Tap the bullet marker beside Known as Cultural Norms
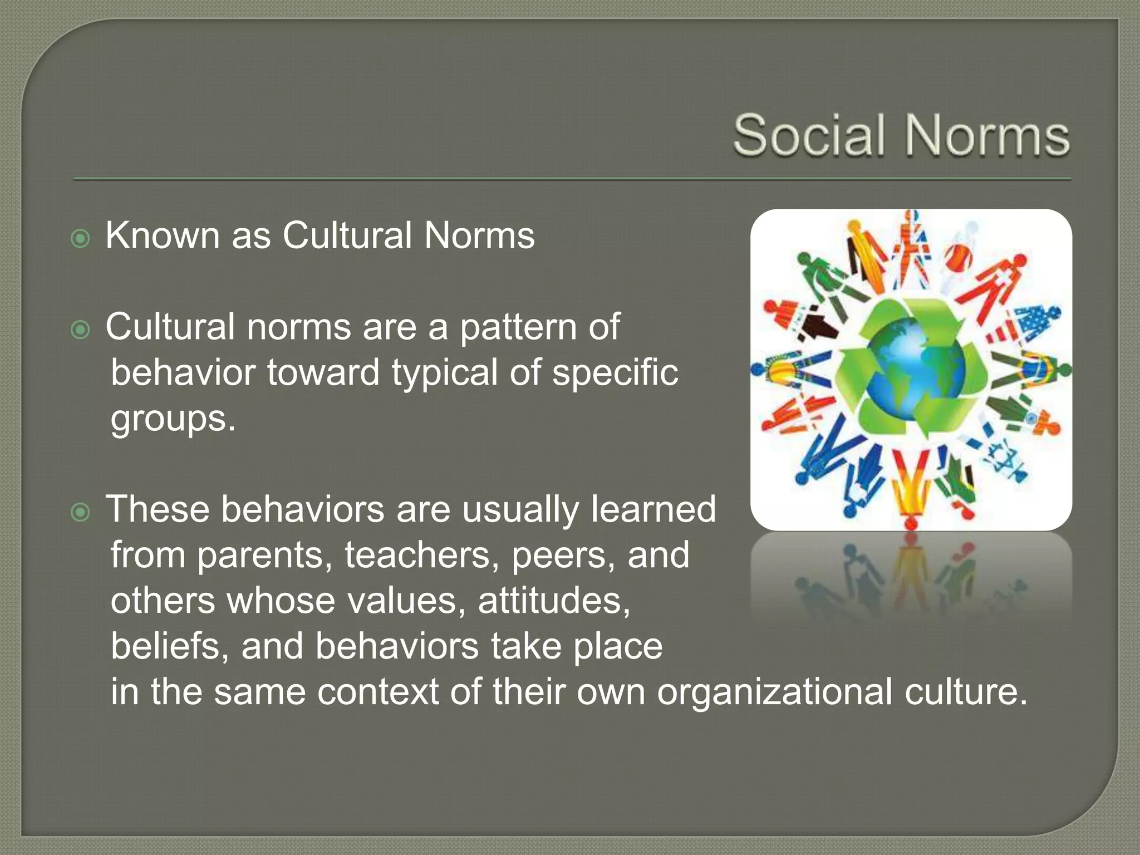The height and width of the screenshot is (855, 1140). [x=81, y=239]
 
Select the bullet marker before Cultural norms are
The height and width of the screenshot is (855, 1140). [x=81, y=330]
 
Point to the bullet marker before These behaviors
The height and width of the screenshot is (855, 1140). [x=81, y=512]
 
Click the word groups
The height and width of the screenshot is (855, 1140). [x=173, y=419]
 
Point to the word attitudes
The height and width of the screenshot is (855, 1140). [x=554, y=602]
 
